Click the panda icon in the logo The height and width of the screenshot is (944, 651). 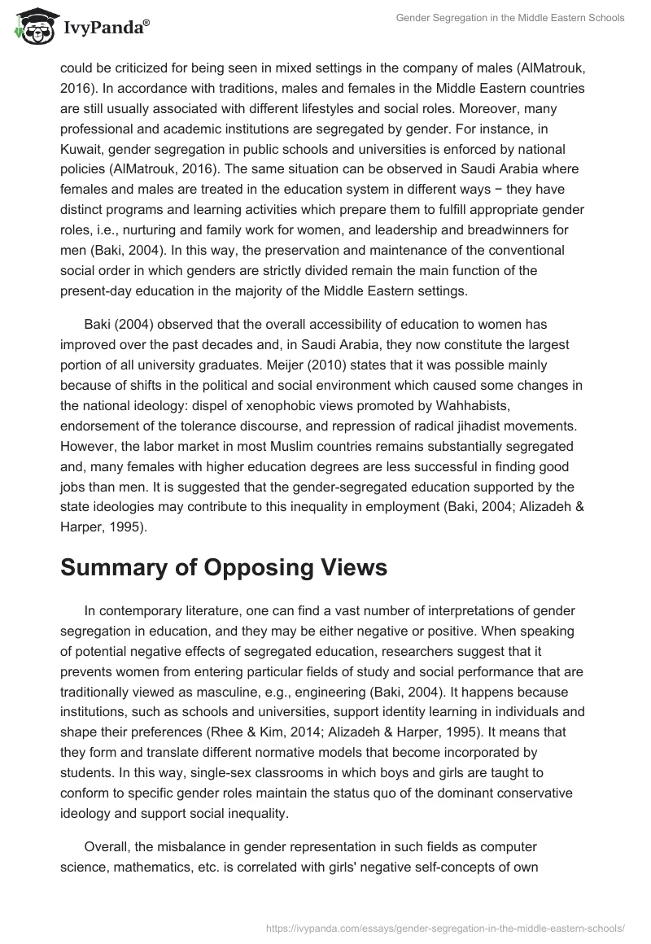(x=31, y=31)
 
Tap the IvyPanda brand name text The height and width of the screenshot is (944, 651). (x=103, y=30)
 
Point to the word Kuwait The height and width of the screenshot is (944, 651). (x=84, y=150)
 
